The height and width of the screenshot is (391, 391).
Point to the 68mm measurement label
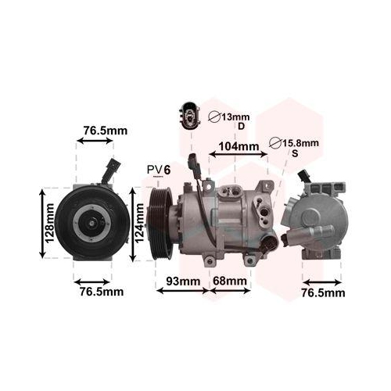coord(230,280)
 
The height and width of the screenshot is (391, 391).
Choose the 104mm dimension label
coord(239,146)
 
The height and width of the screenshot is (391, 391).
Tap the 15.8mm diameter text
coord(299,143)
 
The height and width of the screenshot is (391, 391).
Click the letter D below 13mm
coord(242,127)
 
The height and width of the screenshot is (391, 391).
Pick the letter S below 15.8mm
coord(295,154)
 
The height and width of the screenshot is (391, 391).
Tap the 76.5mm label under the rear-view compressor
coord(323,292)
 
